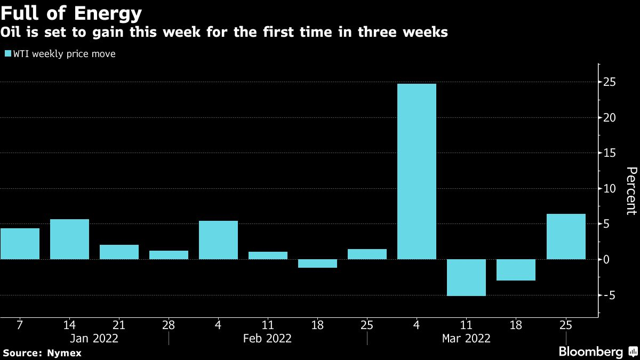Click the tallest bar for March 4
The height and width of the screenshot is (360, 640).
point(417,171)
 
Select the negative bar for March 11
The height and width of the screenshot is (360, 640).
point(466,277)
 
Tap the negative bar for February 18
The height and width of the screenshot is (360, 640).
point(317,263)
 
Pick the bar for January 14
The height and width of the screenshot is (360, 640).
point(69,239)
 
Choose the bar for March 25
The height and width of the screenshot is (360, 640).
point(566,236)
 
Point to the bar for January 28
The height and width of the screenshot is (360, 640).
point(169,255)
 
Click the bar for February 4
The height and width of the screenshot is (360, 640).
point(218,240)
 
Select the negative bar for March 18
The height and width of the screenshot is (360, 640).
point(516,270)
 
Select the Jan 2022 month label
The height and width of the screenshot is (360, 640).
point(94,338)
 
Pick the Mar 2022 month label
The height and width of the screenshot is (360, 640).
point(466,338)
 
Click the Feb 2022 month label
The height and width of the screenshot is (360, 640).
point(268,338)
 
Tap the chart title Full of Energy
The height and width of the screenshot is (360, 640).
point(71,12)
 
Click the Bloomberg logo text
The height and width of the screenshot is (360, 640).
point(590,352)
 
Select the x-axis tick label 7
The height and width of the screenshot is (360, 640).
point(20,324)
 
